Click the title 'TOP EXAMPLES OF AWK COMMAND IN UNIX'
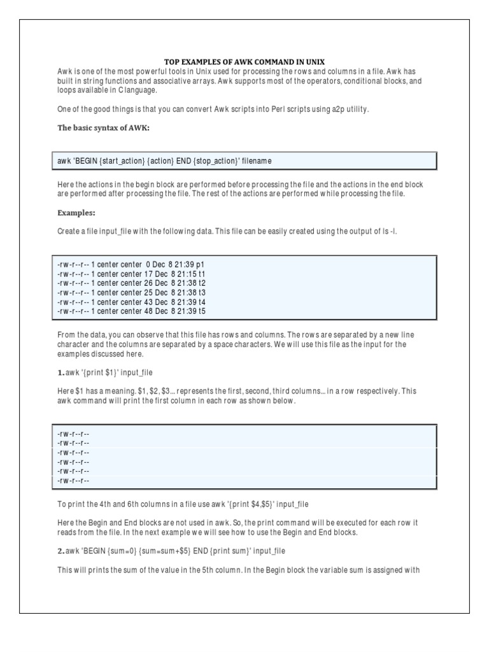(x=244, y=62)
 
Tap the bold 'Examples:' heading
(x=76, y=213)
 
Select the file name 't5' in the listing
(x=202, y=311)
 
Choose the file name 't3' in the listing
(x=202, y=292)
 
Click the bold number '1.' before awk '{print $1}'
(x=60, y=372)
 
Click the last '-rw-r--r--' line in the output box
(x=73, y=481)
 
